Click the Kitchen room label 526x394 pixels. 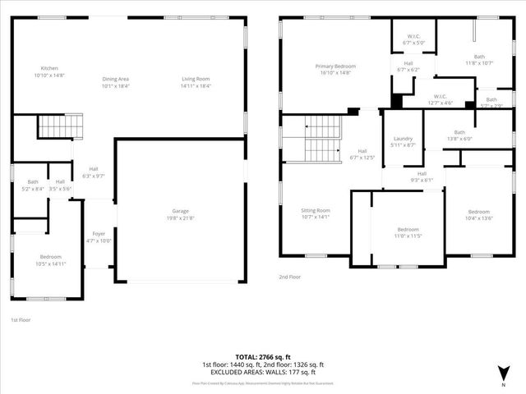50,71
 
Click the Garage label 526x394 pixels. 180,214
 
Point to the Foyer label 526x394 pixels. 99,236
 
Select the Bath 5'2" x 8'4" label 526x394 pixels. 33,186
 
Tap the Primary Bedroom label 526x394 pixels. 335,69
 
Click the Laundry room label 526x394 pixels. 403,141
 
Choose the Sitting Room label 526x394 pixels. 316,213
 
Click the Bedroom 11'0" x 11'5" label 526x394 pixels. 408,232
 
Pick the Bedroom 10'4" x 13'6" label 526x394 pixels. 478,215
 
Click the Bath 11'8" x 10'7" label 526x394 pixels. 479,59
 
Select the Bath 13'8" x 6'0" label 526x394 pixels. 459,135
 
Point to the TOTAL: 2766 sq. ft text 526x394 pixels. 263,356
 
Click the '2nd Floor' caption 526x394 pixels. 289,277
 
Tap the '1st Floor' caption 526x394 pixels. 21,319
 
